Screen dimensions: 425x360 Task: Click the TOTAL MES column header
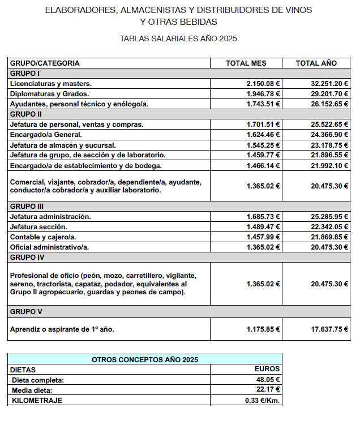pyautogui.click(x=246, y=63)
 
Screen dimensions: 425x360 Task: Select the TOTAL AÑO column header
pyautogui.click(x=316, y=63)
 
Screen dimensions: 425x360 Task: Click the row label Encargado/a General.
pyautogui.click(x=46, y=135)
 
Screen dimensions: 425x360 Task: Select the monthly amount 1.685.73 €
pyautogui.click(x=263, y=217)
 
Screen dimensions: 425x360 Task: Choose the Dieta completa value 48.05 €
pyautogui.click(x=268, y=380)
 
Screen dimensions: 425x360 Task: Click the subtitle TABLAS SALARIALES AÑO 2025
pyautogui.click(x=178, y=39)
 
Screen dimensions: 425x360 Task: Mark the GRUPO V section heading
pyautogui.click(x=27, y=312)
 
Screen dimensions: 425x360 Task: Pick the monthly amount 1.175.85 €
pyautogui.click(x=263, y=329)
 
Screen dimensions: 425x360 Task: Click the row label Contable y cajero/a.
pyautogui.click(x=43, y=237)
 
